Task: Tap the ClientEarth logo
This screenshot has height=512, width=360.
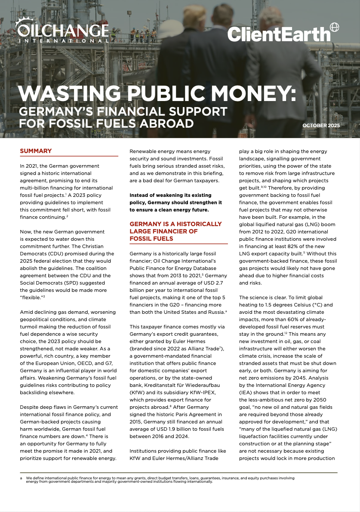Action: click(278, 34)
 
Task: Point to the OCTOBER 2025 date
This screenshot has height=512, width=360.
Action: click(321, 126)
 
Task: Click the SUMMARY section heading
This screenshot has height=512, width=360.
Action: click(36, 151)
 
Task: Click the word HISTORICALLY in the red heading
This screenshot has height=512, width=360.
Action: click(194, 224)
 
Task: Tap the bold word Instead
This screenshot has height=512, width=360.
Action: click(140, 195)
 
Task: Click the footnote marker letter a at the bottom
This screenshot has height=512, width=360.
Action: click(21, 478)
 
